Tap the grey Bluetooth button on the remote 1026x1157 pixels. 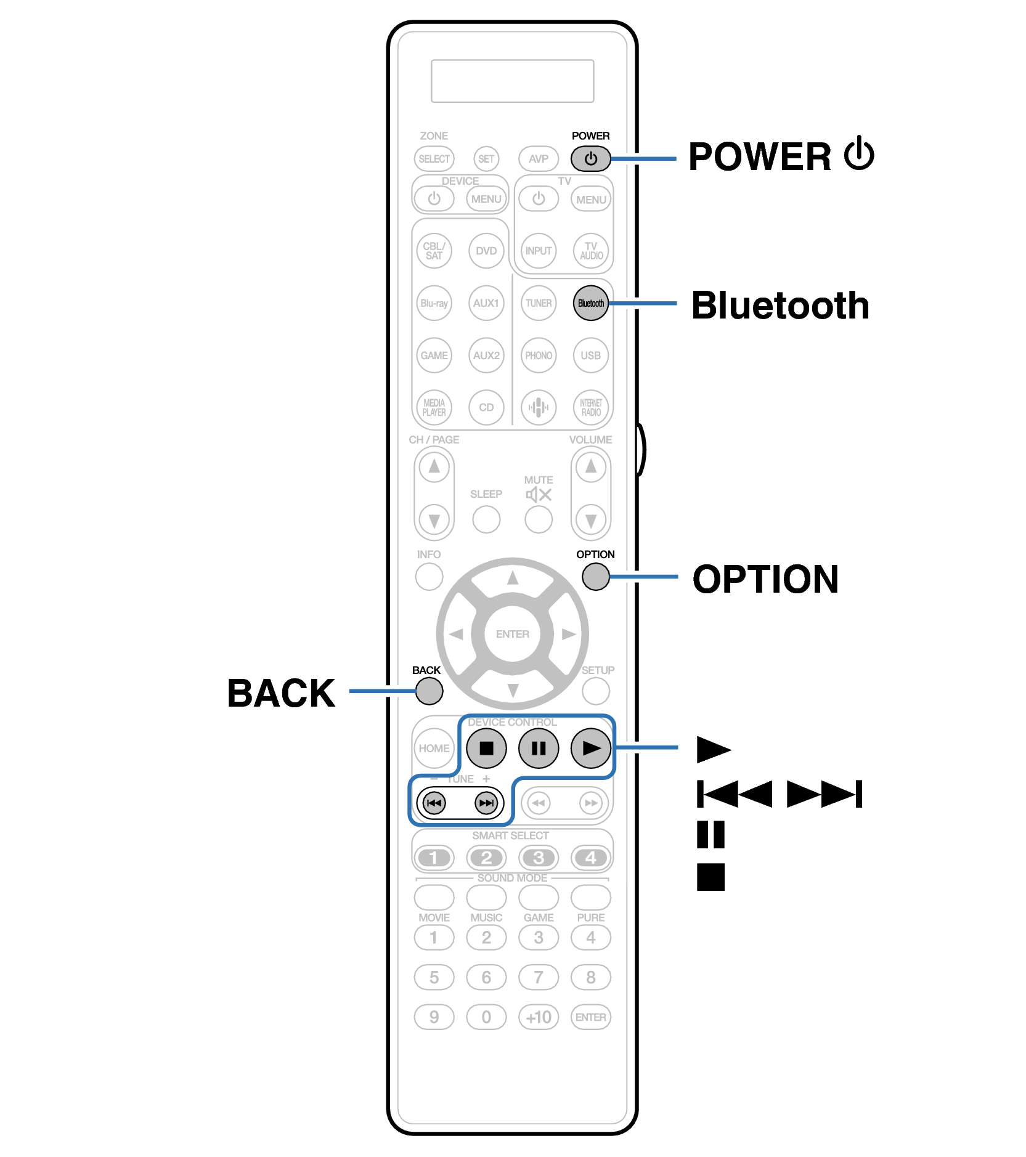point(590,303)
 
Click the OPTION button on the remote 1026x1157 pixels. point(595,577)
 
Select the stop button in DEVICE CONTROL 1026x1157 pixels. point(486,748)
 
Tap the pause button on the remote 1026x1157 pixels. point(539,748)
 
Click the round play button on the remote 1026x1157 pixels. point(590,748)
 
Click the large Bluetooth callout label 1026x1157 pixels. point(780,306)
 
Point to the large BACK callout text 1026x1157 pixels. point(281,693)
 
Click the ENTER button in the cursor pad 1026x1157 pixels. point(512,634)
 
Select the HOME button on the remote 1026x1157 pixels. point(434,748)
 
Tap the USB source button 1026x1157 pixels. point(590,355)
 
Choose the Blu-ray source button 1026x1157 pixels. point(434,303)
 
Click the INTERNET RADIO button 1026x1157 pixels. point(590,407)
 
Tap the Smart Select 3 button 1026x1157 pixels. point(539,858)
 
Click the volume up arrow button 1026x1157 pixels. point(590,467)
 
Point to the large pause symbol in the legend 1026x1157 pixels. point(710,835)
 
